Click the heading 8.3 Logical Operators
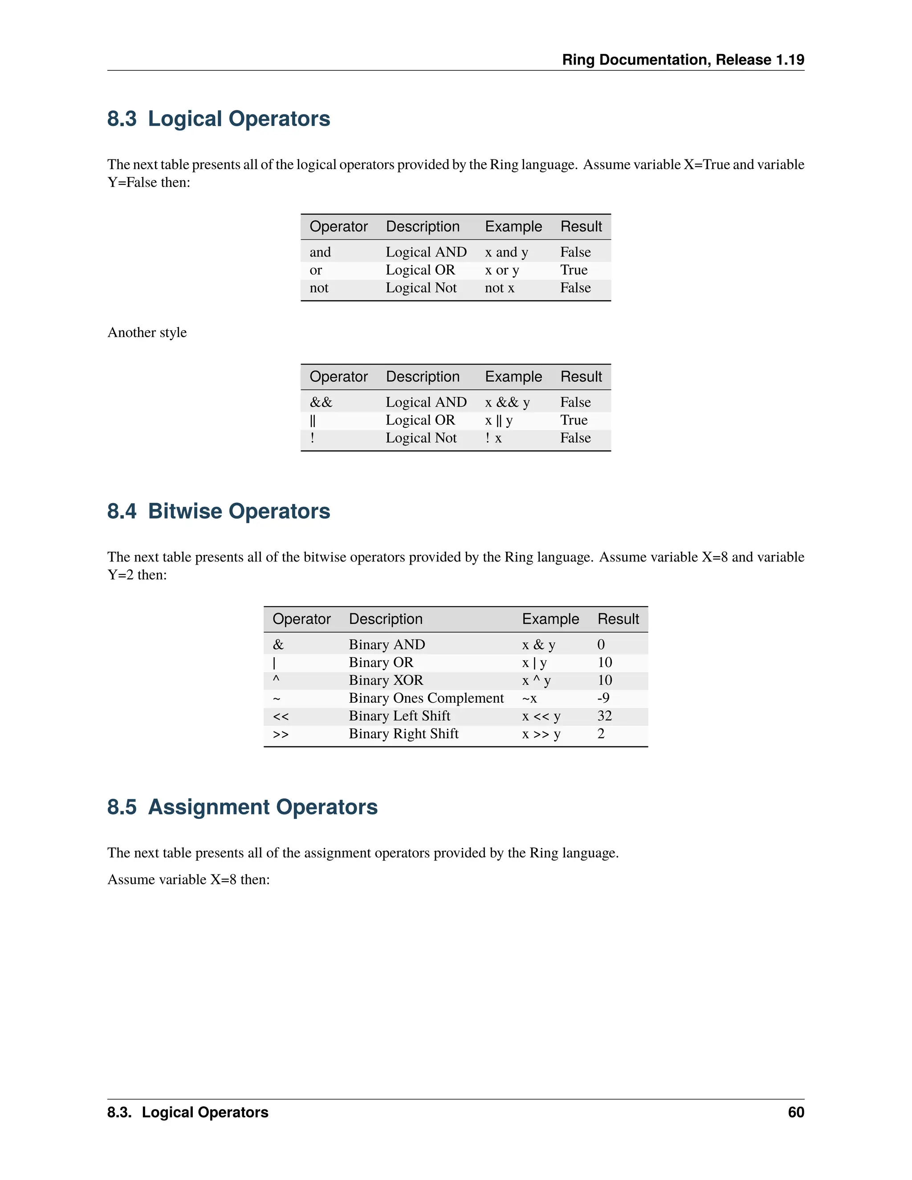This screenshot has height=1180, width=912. (218, 119)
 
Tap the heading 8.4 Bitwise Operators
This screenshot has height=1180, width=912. (218, 511)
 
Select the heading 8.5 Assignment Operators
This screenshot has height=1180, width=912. (242, 807)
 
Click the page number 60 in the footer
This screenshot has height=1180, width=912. (796, 1112)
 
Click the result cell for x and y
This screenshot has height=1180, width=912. (575, 252)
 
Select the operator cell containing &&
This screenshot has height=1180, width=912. (321, 403)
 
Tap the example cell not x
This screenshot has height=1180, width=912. (499, 288)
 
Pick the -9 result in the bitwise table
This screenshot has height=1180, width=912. (603, 698)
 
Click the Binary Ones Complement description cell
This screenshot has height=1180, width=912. (426, 698)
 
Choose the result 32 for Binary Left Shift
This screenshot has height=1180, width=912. (605, 716)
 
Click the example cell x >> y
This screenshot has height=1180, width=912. (541, 734)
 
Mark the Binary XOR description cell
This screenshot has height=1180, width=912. (386, 680)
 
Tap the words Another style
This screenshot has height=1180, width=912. (147, 332)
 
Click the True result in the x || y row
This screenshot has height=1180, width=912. (573, 420)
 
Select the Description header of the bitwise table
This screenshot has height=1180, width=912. (385, 619)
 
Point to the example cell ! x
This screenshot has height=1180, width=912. (493, 438)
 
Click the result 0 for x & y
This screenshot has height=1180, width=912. (601, 645)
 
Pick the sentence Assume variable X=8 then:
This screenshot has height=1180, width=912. (188, 879)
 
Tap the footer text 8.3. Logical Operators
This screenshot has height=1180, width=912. (187, 1112)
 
